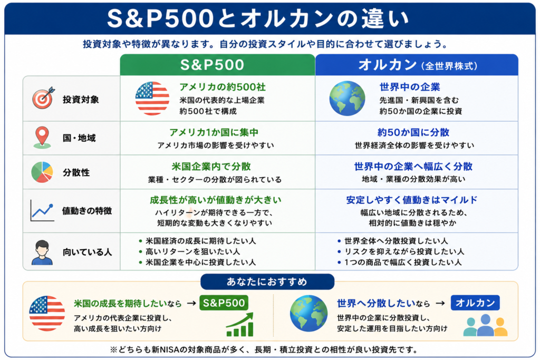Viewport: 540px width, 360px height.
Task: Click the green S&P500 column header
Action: pos(217,65)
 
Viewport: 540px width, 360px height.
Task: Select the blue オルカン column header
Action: pos(417,65)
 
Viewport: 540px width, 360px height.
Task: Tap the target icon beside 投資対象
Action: pos(43,98)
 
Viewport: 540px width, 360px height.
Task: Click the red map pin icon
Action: pos(42,138)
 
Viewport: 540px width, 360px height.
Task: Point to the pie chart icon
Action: pos(42,172)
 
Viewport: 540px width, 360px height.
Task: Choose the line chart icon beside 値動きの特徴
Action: pos(42,211)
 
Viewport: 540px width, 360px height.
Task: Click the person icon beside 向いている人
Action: pos(42,252)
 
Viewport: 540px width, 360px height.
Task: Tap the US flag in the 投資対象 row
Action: pos(152,99)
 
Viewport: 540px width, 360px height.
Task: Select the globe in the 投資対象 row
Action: pos(347,99)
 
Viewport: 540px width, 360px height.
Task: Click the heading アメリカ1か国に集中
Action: pos(214,132)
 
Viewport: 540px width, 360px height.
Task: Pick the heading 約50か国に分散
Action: pos(413,132)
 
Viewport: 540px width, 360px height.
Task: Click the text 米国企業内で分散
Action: pos(211,167)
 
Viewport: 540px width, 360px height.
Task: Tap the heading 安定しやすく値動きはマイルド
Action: pos(412,200)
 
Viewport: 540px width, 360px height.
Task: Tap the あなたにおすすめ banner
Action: pos(267,282)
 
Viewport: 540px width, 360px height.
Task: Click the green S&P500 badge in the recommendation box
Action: pos(224,303)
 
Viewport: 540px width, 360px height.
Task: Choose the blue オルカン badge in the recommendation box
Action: pos(475,303)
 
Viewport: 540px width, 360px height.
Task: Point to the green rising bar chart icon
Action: pos(240,325)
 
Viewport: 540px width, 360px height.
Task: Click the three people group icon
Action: pos(485,325)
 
